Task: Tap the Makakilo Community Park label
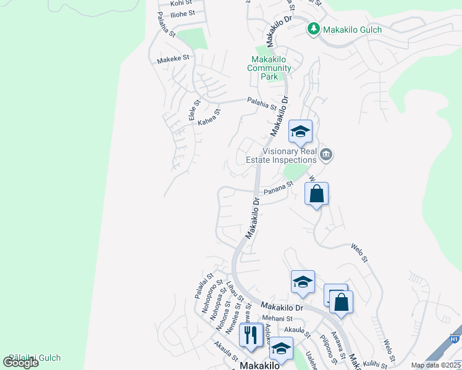269,68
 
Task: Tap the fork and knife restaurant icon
250,335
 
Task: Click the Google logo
20,362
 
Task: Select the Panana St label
277,188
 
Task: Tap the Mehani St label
276,318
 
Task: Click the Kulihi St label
375,364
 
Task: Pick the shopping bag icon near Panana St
316,194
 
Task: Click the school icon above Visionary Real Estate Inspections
300,131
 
